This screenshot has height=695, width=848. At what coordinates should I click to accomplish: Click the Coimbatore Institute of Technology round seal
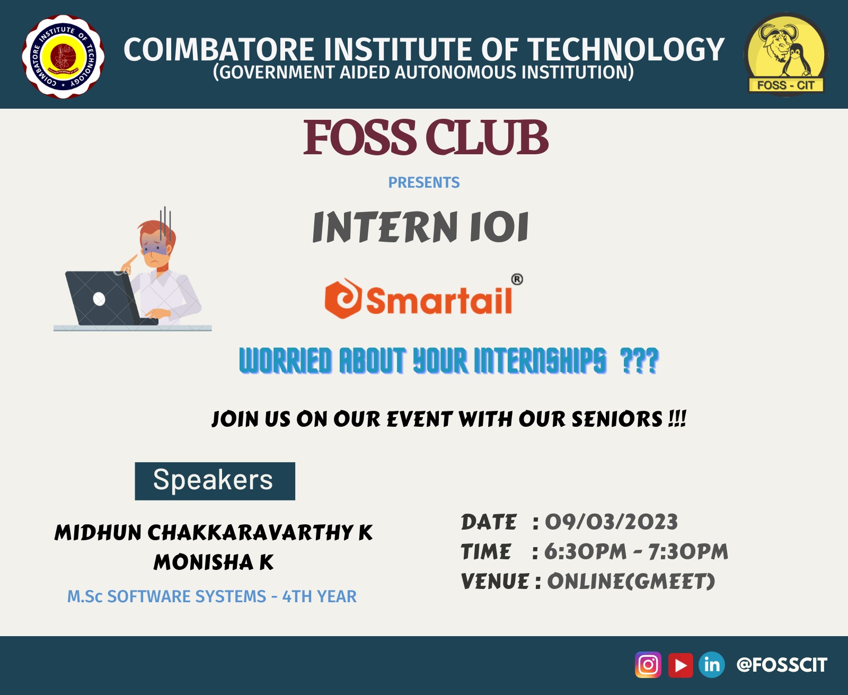coord(63,56)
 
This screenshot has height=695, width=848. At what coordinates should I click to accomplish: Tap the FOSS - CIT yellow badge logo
coord(786,54)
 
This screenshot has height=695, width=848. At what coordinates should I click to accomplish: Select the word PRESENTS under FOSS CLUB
coord(424,182)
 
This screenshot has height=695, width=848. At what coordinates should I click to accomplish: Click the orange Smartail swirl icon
coord(343,298)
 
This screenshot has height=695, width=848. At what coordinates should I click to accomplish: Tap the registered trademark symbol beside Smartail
coord(517,279)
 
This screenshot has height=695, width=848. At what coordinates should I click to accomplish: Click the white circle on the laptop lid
coord(99,299)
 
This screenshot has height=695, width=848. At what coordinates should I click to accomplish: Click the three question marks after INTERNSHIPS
coord(639,360)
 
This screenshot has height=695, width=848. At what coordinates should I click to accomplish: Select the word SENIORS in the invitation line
coord(617,419)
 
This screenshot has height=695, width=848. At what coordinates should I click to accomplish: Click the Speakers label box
coord(215,481)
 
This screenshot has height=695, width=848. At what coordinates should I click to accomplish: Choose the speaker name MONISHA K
coord(214,562)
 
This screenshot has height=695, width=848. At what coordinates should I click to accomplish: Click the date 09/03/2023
coord(611,522)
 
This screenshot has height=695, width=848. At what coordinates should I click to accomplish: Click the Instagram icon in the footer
coord(648,664)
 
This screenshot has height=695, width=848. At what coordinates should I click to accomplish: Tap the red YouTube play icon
coord(681,665)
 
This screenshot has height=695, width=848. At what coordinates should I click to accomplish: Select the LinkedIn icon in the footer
coord(712,664)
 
